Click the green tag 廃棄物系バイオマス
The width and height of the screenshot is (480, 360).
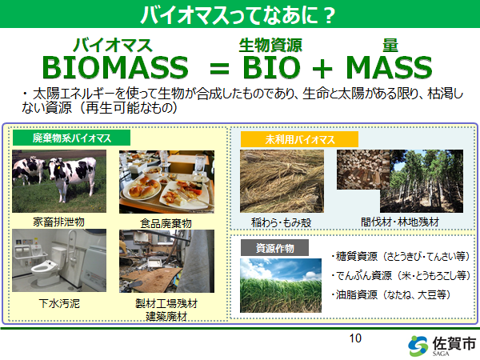coord(72,138)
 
